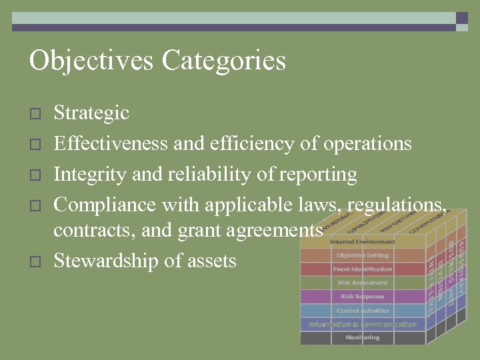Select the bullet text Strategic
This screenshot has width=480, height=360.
coord(91,113)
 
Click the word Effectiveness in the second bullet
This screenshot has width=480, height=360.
coord(111,143)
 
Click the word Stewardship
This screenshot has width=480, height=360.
coord(106,260)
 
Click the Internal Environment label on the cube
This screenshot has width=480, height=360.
coord(363,241)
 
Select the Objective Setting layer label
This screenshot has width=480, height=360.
coord(363,255)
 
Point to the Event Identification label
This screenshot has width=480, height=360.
coord(363,269)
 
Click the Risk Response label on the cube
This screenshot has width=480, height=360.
coord(363,297)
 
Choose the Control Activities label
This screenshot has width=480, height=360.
coord(363,311)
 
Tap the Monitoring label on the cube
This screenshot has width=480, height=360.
coord(363,338)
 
